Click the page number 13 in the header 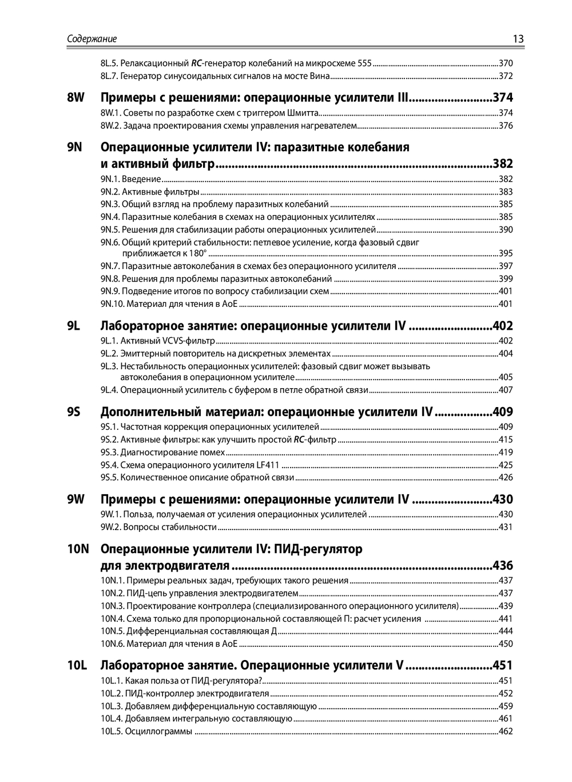(518, 39)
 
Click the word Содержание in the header (92, 39)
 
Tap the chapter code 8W (75, 97)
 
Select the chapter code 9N (75, 147)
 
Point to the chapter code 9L (73, 326)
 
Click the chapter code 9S (73, 412)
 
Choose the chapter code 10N (78, 550)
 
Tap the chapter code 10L (77, 665)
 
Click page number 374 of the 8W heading (503, 97)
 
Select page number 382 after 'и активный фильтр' (503, 165)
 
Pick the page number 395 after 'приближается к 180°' (506, 253)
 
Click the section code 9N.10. (112, 304)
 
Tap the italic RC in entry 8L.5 (197, 63)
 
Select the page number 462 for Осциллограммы (506, 731)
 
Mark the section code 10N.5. (112, 631)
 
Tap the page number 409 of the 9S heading (503, 412)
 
